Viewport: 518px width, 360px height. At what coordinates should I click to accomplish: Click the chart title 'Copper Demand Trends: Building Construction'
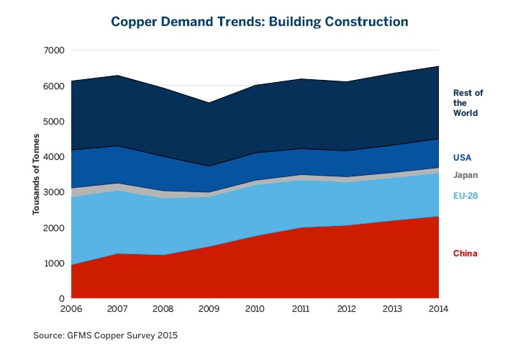click(x=259, y=22)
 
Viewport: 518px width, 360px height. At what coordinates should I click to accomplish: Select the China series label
click(x=465, y=253)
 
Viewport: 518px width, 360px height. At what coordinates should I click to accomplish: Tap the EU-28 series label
click(x=466, y=195)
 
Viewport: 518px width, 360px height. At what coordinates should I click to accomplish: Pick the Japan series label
click(x=465, y=175)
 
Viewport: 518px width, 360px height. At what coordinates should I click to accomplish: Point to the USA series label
click(x=462, y=157)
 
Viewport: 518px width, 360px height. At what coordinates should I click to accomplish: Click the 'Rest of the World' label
click(x=468, y=103)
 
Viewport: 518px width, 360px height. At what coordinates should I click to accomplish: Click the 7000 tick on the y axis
click(x=55, y=50)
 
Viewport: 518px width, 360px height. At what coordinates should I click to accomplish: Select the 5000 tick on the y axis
click(x=55, y=121)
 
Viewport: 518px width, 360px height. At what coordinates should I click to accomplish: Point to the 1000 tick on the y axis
click(x=55, y=264)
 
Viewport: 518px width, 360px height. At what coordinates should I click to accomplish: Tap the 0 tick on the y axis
click(x=62, y=299)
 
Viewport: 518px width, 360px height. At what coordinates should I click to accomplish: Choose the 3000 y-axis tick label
click(x=55, y=192)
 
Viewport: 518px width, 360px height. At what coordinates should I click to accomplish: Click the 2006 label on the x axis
click(x=72, y=309)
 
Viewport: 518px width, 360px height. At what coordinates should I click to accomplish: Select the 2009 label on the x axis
click(x=209, y=309)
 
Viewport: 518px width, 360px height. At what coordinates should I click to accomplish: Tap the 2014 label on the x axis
click(x=438, y=309)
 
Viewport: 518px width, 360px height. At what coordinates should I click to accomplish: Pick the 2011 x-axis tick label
click(x=301, y=309)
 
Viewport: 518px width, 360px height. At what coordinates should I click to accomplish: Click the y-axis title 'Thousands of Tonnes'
click(x=36, y=174)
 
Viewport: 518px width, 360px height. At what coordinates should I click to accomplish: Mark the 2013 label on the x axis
click(x=393, y=309)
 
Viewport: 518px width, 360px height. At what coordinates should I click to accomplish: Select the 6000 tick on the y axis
click(x=55, y=86)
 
